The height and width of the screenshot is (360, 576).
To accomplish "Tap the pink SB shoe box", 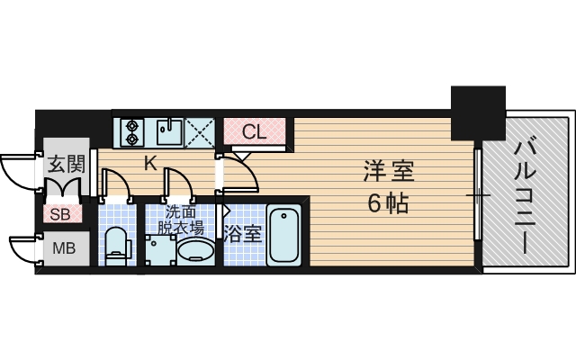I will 62,214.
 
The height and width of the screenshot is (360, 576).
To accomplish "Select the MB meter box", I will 63,248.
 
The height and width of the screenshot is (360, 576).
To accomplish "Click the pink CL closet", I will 255,131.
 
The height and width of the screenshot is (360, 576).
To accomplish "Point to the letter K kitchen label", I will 151,164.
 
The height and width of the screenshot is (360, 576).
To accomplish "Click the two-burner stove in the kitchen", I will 131,132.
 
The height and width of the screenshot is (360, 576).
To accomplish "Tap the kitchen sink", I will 167,132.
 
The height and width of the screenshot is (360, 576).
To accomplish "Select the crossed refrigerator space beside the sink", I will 200,132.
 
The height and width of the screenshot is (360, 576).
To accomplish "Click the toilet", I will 116,244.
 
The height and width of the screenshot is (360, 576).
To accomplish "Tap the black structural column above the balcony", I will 477,112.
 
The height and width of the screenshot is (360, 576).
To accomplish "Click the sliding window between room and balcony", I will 478,194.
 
